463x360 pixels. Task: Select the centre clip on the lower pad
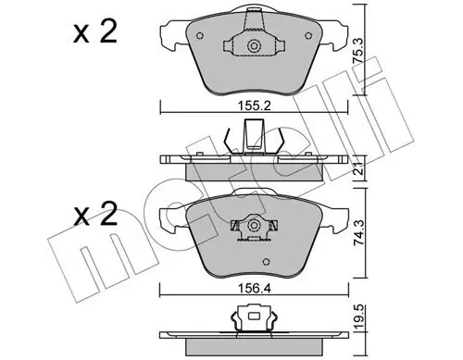(249, 225)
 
